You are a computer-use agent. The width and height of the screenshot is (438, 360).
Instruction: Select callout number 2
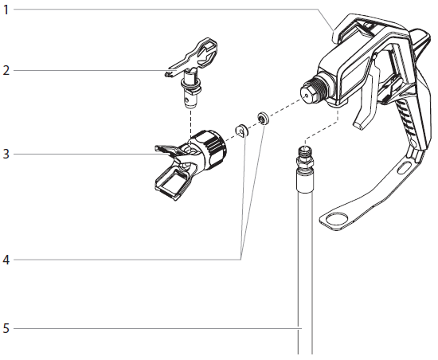tap(6, 70)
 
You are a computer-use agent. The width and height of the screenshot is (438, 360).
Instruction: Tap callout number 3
tap(6, 153)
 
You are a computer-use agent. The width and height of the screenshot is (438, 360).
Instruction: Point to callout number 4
tap(6, 260)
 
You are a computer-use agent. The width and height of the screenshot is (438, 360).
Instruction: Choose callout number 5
tap(6, 327)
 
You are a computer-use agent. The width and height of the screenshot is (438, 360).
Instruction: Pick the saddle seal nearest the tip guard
tap(241, 129)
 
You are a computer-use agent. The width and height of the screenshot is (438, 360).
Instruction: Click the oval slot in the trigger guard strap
tap(407, 168)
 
